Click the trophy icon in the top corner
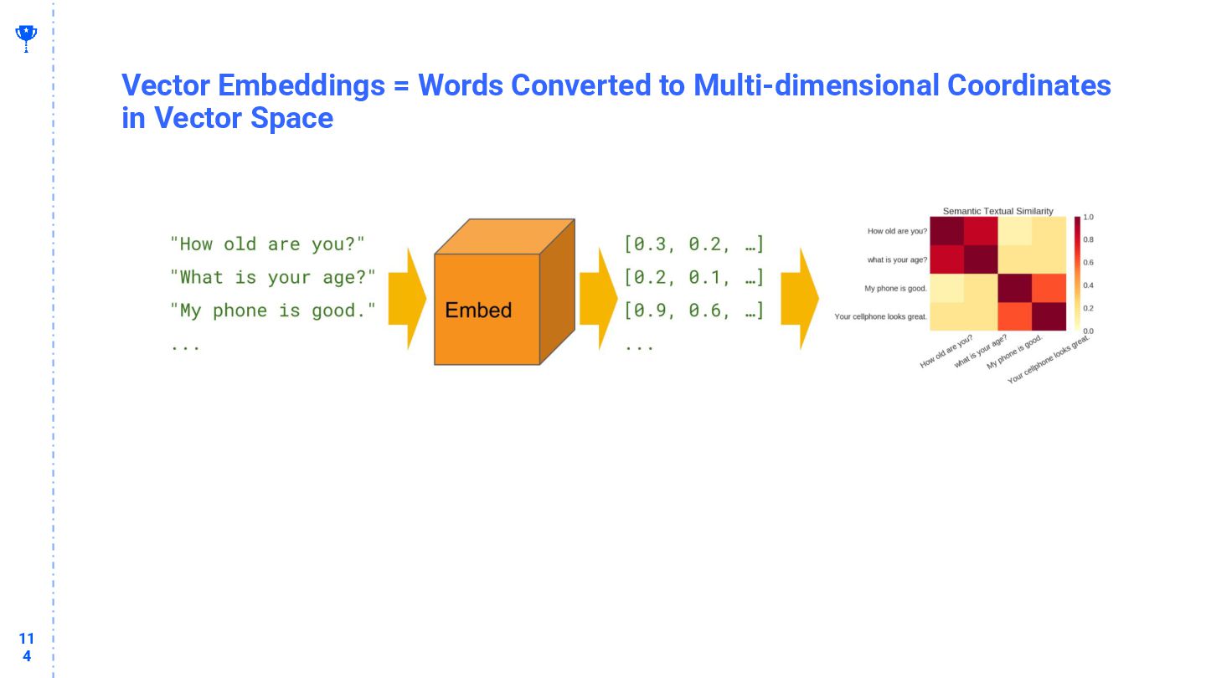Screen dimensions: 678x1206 point(26,37)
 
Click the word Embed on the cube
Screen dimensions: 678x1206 point(478,311)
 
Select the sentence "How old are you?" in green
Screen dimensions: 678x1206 point(267,244)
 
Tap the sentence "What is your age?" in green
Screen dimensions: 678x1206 point(273,277)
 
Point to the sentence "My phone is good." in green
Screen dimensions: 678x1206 point(273,311)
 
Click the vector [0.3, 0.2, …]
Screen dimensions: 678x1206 point(694,244)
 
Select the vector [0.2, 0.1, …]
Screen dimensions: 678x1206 point(694,277)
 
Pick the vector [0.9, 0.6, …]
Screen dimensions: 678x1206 point(694,311)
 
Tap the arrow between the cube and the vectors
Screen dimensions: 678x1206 point(598,299)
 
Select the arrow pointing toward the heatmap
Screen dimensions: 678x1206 point(800,299)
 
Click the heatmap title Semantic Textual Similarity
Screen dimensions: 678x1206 point(997,211)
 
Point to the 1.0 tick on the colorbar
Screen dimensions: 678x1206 point(1088,217)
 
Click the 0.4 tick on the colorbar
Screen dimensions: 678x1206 point(1088,285)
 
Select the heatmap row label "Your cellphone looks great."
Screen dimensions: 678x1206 point(881,316)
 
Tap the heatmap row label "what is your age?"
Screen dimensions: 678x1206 point(897,259)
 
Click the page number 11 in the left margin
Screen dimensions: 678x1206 point(27,639)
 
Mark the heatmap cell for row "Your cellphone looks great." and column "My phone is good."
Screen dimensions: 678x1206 point(1015,316)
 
